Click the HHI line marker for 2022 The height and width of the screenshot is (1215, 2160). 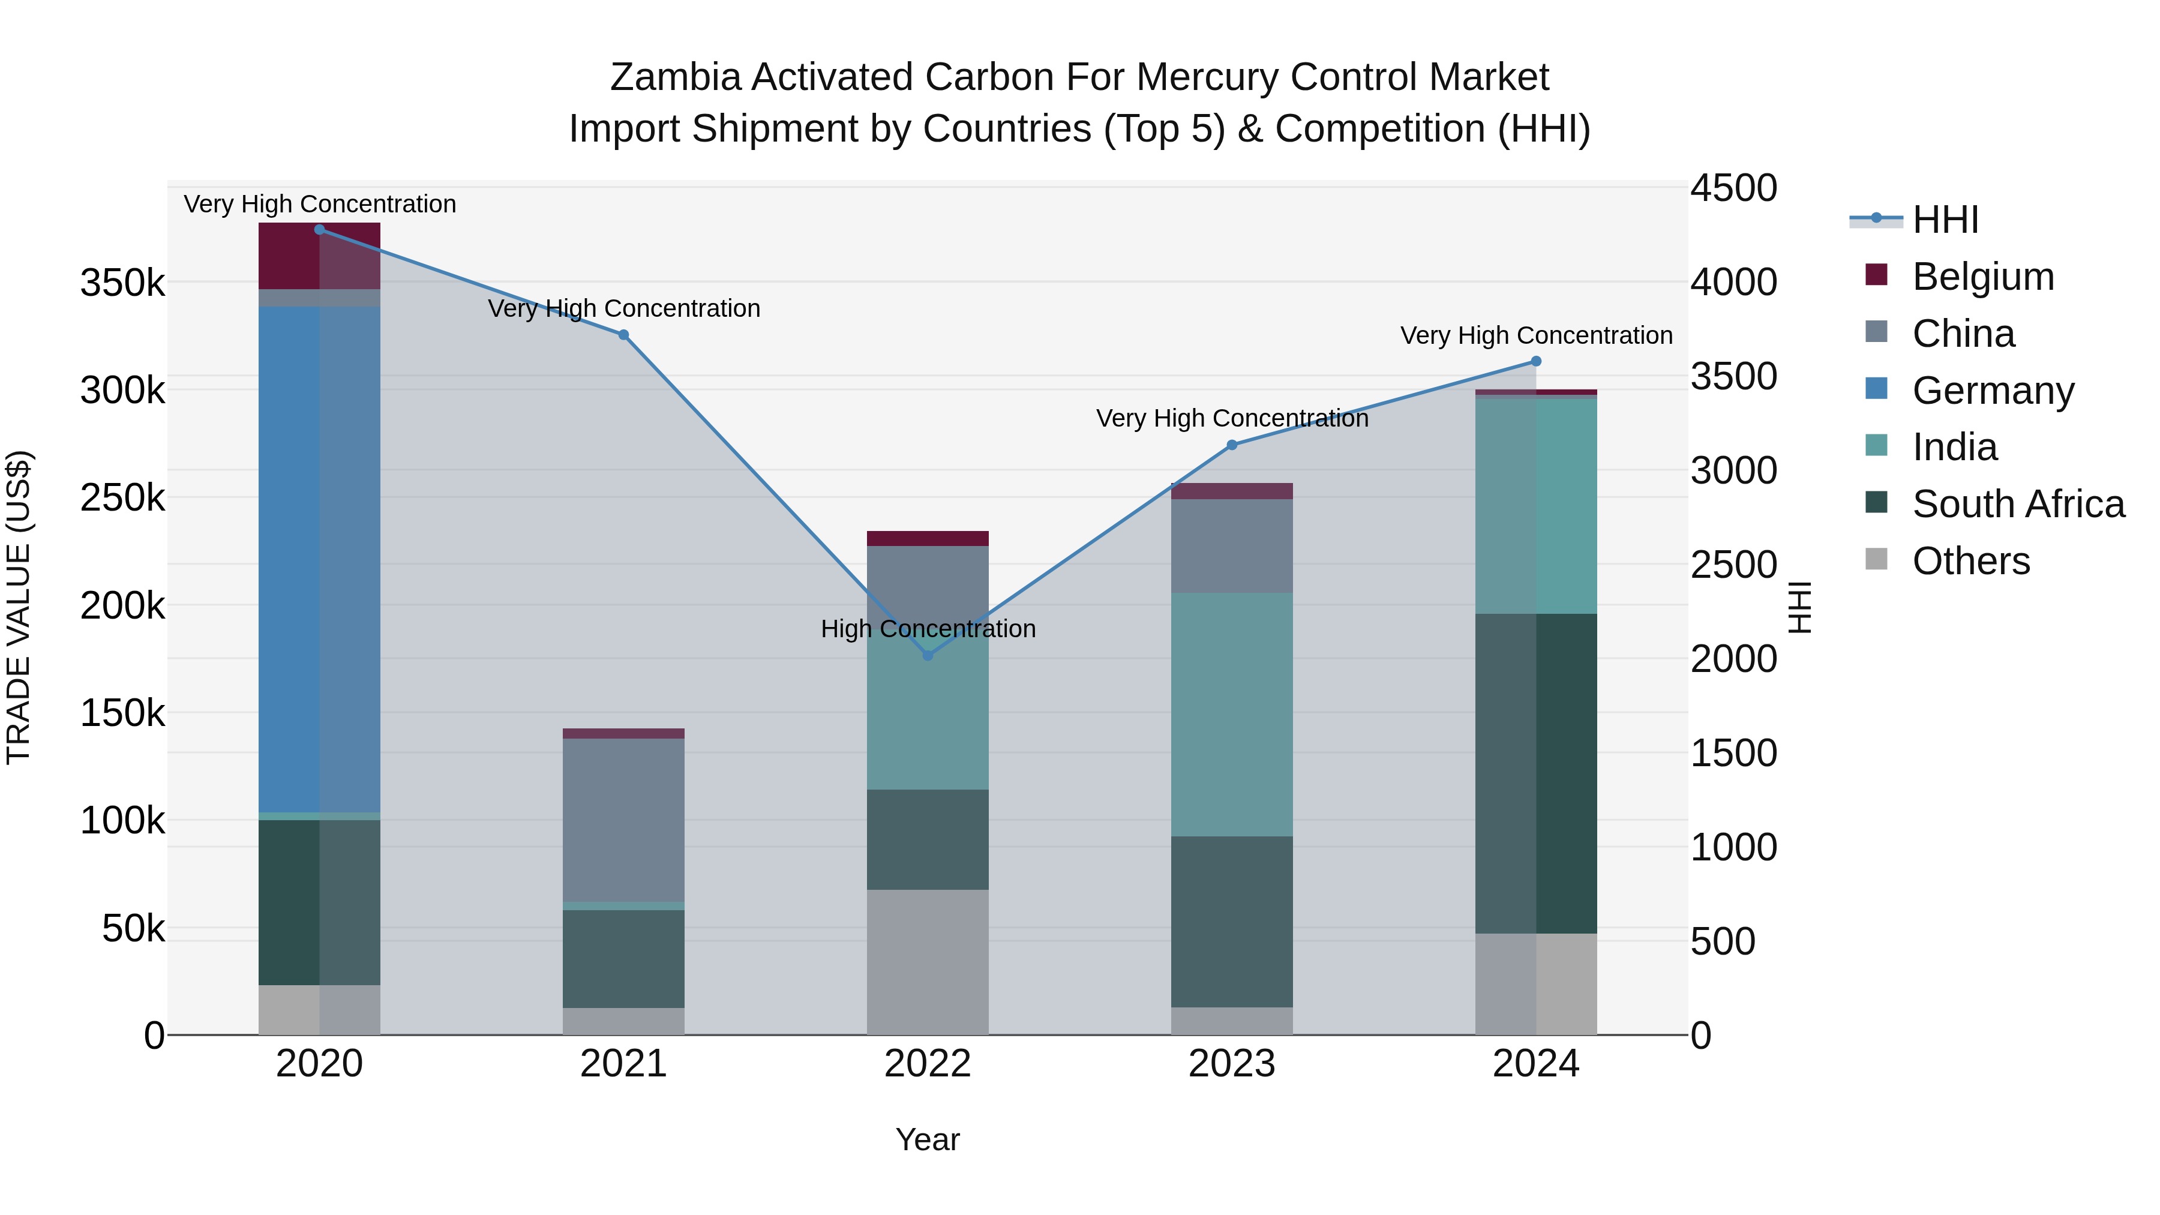tap(928, 655)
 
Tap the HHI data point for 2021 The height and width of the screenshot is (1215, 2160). tap(623, 335)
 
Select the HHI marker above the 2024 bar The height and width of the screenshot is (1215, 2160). tap(1535, 361)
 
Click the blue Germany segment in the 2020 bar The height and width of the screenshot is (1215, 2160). tap(319, 559)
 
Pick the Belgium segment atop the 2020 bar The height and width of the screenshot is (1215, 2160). tap(319, 256)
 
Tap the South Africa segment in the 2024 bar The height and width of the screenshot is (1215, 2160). tap(1535, 773)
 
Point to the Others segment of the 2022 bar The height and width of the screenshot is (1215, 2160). tap(928, 961)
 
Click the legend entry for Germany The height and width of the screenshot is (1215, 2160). tap(1992, 391)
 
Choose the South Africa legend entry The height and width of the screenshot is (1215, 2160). tap(2017, 504)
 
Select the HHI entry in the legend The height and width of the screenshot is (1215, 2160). tap(1945, 220)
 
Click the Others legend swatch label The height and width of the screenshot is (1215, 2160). tap(1970, 561)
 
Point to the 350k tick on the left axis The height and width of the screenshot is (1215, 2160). tap(122, 283)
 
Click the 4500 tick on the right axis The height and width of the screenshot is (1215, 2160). tap(1732, 188)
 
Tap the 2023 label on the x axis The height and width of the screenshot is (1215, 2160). tap(1231, 1064)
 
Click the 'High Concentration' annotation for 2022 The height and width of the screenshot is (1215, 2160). tap(928, 629)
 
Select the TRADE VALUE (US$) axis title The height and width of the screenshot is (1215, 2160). tap(19, 607)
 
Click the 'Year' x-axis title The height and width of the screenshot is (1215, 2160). tap(928, 1139)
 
